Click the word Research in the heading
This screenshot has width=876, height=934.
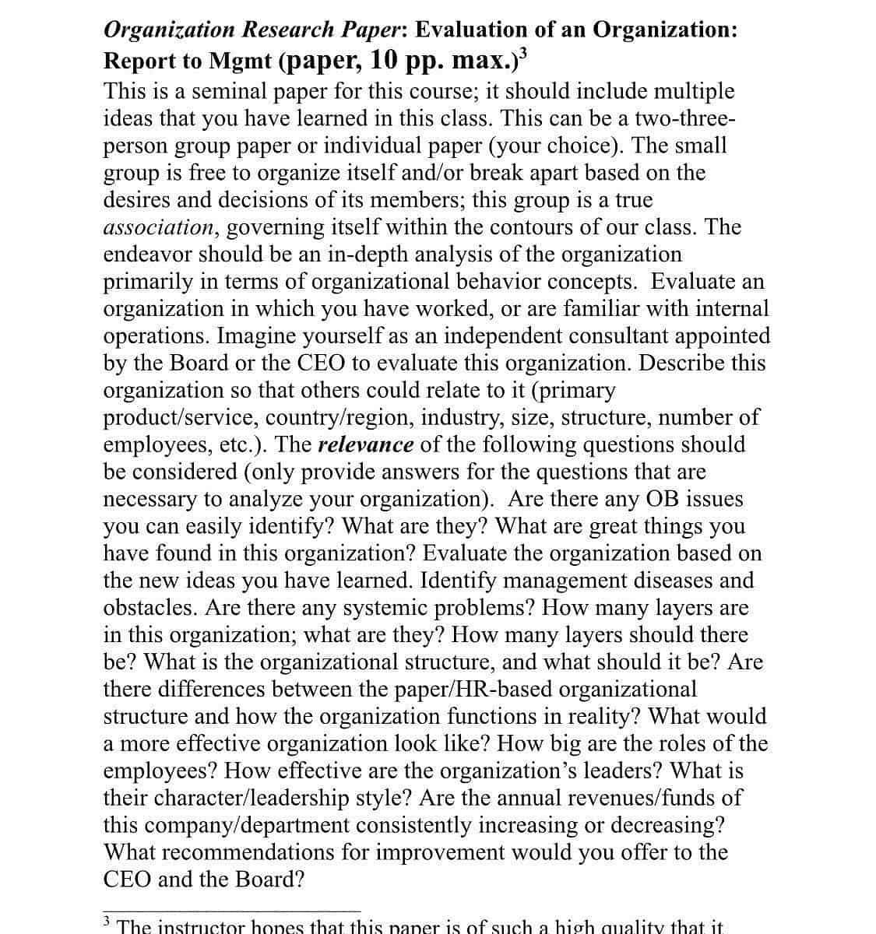click(287, 30)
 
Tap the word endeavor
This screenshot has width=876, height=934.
click(148, 255)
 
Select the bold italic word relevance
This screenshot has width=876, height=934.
click(366, 444)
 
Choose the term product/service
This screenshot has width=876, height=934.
click(181, 417)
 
